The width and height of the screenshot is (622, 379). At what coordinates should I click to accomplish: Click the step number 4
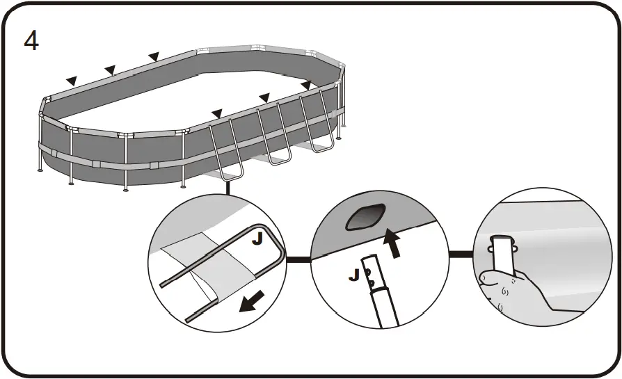pyautogui.click(x=31, y=40)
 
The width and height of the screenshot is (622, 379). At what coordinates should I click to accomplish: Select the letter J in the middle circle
pyautogui.click(x=354, y=275)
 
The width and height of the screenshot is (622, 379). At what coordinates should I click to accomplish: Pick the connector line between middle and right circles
pyautogui.click(x=458, y=254)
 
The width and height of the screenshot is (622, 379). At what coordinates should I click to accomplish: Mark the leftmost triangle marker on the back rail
pyautogui.click(x=70, y=81)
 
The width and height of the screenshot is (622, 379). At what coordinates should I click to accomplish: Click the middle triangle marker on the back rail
pyautogui.click(x=109, y=69)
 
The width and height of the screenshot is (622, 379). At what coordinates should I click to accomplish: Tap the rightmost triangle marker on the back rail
pyautogui.click(x=154, y=56)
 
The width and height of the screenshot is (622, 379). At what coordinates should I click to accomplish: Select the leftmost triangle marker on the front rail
pyautogui.click(x=217, y=113)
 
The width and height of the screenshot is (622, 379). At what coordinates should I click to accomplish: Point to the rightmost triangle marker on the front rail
pyautogui.click(x=305, y=85)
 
